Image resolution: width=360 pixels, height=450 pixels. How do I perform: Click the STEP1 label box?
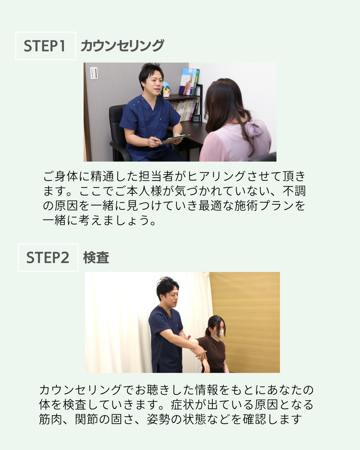click(x=46, y=46)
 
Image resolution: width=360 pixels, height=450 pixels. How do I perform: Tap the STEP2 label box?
click(x=48, y=257)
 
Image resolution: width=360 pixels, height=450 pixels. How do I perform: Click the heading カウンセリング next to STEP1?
click(x=122, y=46)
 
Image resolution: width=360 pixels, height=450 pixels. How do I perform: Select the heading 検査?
click(x=96, y=257)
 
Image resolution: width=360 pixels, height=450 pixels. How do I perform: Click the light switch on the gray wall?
click(x=94, y=73)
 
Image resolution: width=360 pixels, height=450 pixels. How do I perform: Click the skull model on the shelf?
click(x=166, y=89)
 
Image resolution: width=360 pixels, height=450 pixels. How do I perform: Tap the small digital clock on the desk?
click(x=196, y=118)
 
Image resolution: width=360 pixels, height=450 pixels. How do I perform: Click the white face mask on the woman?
click(x=219, y=334)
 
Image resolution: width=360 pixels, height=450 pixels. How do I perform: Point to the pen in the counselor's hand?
click(x=155, y=139)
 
